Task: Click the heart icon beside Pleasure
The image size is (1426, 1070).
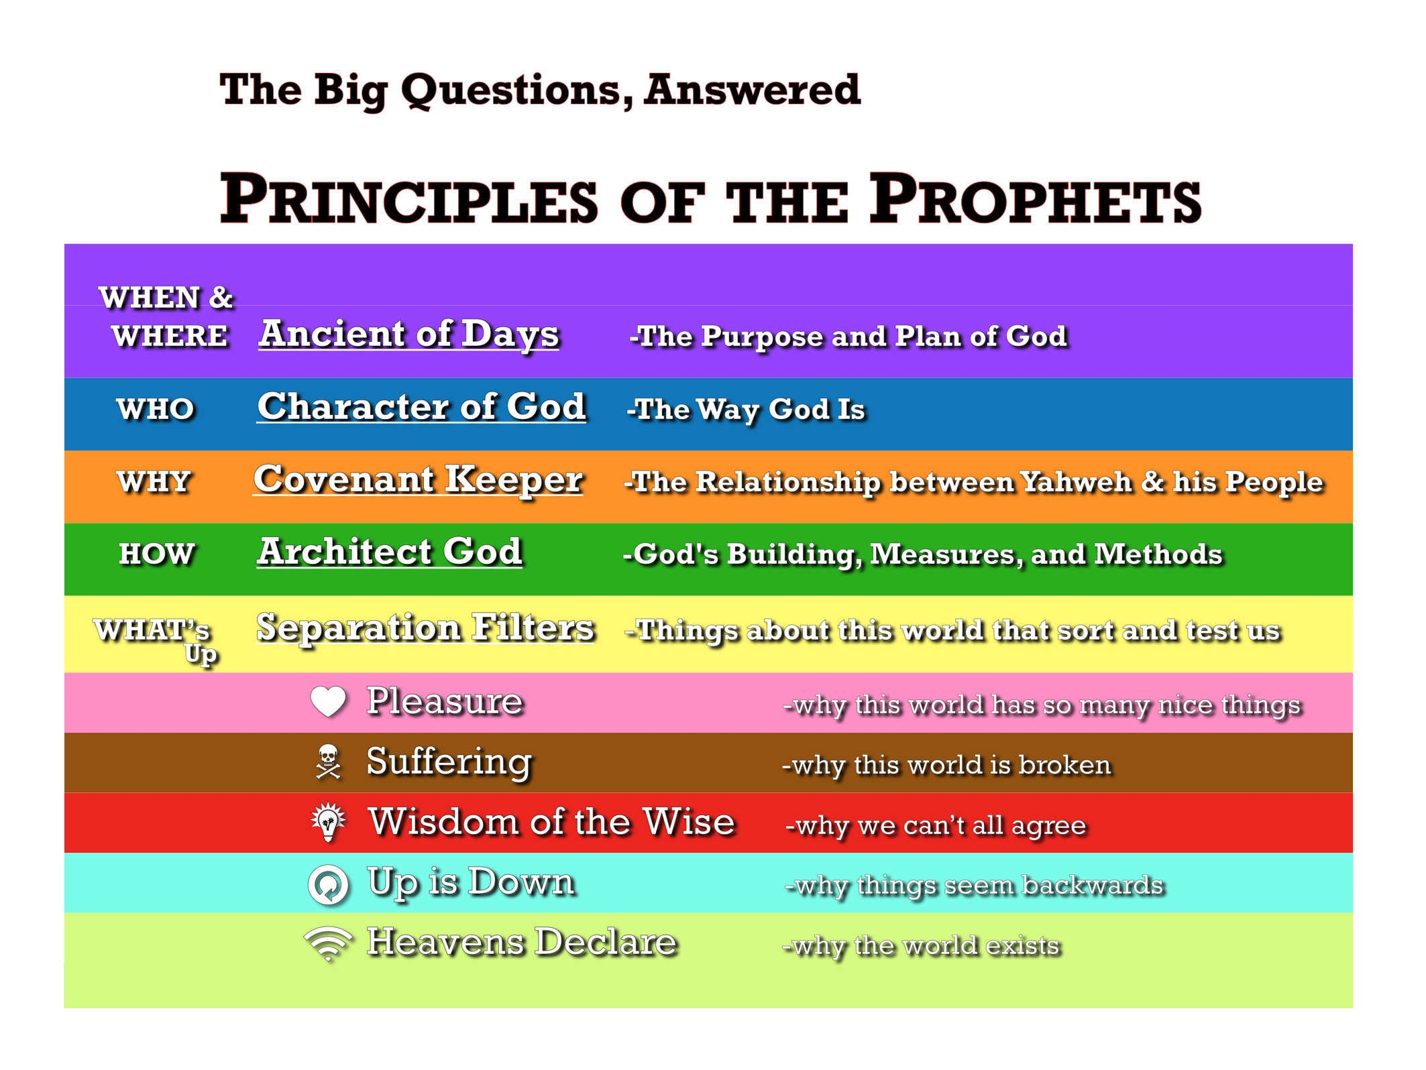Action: (x=328, y=701)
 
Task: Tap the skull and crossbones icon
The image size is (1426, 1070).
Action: (x=328, y=762)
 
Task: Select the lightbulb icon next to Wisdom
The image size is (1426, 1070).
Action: (x=328, y=821)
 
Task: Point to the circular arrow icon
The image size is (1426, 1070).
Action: (x=328, y=884)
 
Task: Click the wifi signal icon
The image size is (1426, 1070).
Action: (x=328, y=944)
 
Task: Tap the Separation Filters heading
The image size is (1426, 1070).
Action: (x=425, y=628)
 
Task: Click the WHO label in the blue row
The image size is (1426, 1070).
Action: (x=155, y=409)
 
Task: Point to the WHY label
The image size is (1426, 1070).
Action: (x=154, y=481)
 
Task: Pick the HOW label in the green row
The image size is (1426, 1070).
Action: (x=156, y=554)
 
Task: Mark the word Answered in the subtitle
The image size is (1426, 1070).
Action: (x=752, y=90)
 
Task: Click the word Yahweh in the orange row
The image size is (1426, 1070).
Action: (x=1075, y=482)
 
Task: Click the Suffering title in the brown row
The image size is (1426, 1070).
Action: (x=449, y=762)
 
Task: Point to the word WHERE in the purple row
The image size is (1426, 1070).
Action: (x=170, y=336)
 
